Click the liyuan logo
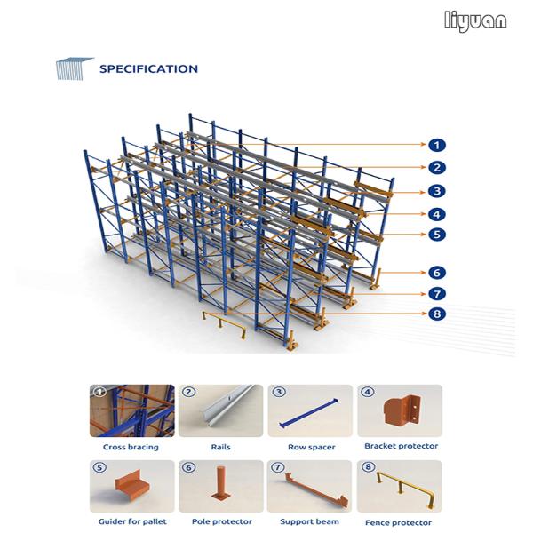[x=475, y=21]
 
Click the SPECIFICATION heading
[x=148, y=69]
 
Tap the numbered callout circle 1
[x=437, y=145]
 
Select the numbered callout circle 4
[x=437, y=214]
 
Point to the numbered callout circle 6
[x=437, y=273]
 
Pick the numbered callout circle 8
[x=437, y=314]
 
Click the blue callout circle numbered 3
[x=437, y=191]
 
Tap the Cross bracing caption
[x=131, y=447]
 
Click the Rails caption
[x=220, y=447]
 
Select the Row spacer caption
[x=312, y=448]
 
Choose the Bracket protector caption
[x=402, y=446]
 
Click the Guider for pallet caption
[x=132, y=521]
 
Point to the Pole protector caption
[x=221, y=521]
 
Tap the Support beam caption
[x=309, y=521]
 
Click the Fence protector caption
[x=398, y=522]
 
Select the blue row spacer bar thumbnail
[x=308, y=413]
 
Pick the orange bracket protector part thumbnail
[x=402, y=410]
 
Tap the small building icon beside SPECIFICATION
[x=74, y=68]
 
